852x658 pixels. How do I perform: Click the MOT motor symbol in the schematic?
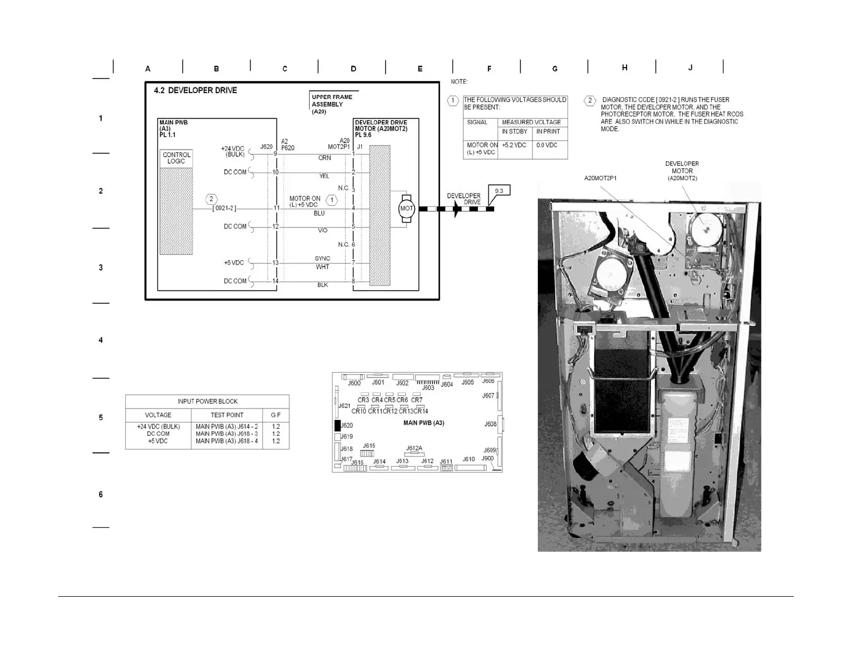click(406, 209)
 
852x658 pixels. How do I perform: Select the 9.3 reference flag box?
click(499, 191)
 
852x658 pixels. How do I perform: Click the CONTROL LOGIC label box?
click(176, 158)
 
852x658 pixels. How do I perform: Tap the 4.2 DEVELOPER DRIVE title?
click(195, 90)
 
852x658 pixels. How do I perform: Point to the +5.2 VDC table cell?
click(515, 145)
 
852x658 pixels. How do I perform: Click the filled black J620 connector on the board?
click(338, 426)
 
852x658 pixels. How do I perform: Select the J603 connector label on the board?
click(428, 388)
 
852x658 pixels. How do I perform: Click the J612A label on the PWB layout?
click(414, 448)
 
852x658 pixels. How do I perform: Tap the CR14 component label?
click(421, 411)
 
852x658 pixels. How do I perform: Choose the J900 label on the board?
click(487, 459)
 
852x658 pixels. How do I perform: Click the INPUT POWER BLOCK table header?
click(208, 402)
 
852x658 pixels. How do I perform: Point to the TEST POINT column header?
click(227, 415)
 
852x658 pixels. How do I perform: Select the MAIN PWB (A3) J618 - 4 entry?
click(227, 441)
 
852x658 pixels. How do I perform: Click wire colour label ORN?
click(324, 158)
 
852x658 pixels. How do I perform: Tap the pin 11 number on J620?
click(276, 208)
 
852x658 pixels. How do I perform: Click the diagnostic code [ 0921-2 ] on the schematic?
click(224, 208)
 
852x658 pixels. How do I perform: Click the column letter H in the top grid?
click(624, 68)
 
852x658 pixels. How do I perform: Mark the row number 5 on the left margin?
click(101, 418)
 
